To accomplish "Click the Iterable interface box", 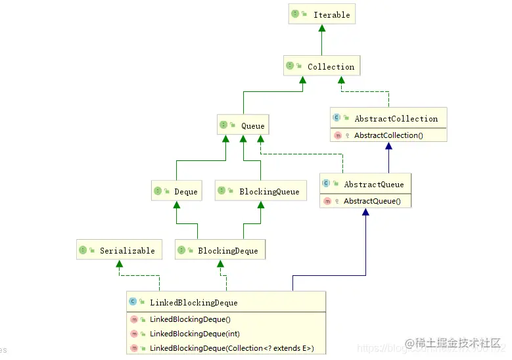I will point(322,14).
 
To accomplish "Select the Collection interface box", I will point(323,66).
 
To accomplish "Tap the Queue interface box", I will point(243,125).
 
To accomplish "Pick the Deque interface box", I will point(175,192).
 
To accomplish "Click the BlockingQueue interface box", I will point(260,192).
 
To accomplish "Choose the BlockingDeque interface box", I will point(220,250).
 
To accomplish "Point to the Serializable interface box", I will point(118,250).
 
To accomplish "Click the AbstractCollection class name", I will point(396,119).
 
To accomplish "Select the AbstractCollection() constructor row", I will point(388,135).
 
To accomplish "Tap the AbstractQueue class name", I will point(373,184).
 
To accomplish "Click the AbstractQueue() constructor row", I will point(371,201).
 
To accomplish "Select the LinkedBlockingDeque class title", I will point(193,302).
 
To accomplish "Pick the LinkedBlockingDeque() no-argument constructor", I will point(190,319).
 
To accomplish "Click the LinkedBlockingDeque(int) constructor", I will point(195,334).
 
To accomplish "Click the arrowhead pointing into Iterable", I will point(322,29).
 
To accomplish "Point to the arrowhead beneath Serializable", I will point(119,263).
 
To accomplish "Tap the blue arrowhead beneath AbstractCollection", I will point(388,147).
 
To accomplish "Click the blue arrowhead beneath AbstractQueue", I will point(365,213).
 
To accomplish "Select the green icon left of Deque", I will point(158,192).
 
